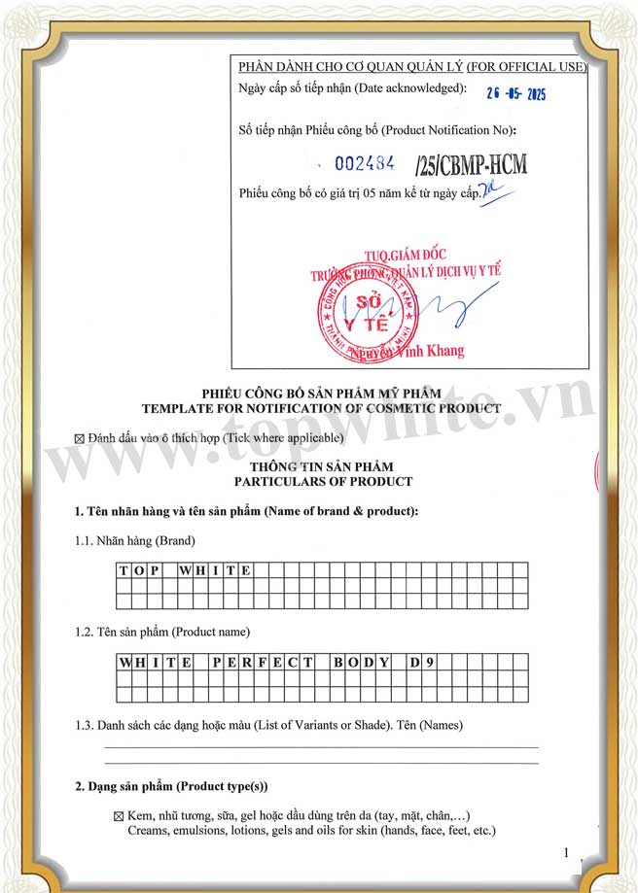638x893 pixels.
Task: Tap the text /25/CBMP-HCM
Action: [471, 164]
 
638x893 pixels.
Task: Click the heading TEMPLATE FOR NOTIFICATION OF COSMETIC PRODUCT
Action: [321, 408]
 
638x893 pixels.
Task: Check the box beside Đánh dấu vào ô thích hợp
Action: [80, 439]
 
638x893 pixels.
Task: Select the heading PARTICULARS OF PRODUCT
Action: [323, 481]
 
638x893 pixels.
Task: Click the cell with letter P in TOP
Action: [154, 570]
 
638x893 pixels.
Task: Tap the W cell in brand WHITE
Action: [184, 570]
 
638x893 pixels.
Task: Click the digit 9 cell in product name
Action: [430, 663]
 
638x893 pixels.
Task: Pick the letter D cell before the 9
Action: [415, 663]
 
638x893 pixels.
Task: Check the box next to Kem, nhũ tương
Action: [119, 816]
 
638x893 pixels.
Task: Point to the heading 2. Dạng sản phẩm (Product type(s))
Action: [171, 786]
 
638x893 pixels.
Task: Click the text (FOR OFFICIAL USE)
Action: [526, 67]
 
